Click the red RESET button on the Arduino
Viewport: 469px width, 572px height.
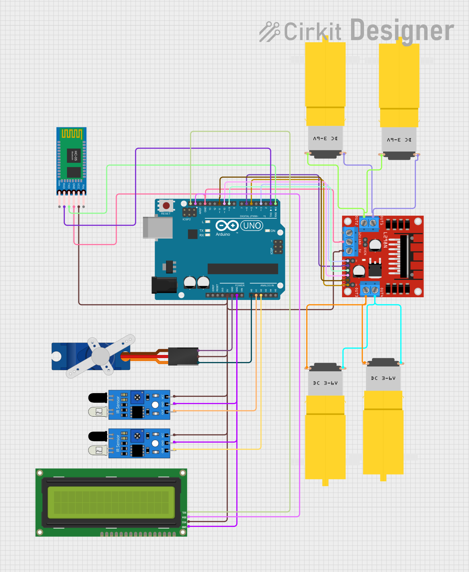click(x=166, y=206)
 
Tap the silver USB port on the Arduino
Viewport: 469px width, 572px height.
click(x=157, y=228)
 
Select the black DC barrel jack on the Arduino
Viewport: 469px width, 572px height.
click(x=164, y=285)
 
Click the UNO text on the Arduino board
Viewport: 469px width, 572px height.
click(x=252, y=226)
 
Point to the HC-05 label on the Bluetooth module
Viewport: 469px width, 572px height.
click(x=75, y=155)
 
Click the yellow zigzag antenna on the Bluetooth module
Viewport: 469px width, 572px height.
click(x=72, y=134)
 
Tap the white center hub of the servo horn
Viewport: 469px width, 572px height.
click(x=100, y=356)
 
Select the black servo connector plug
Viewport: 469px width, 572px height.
click(x=183, y=356)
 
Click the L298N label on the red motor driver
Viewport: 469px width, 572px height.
click(x=385, y=240)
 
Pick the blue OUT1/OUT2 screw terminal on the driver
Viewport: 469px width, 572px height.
click(x=369, y=222)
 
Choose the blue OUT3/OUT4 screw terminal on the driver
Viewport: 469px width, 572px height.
click(x=370, y=289)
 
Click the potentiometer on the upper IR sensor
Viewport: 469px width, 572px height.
click(x=137, y=397)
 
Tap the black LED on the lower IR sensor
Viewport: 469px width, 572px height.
click(x=98, y=436)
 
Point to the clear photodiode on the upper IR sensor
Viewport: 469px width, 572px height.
click(x=98, y=412)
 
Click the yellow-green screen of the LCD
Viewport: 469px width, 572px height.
click(x=111, y=502)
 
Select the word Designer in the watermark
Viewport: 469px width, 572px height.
click(x=402, y=31)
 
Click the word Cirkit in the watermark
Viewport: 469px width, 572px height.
click(x=312, y=31)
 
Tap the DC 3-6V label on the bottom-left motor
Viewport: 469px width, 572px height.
click(x=325, y=383)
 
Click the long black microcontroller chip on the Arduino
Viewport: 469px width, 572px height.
click(x=243, y=269)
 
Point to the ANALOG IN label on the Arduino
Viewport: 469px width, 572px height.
click(x=267, y=286)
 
